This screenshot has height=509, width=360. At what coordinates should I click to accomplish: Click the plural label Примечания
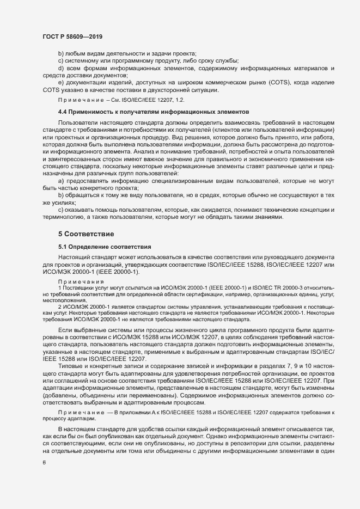pyautogui.click(x=76, y=281)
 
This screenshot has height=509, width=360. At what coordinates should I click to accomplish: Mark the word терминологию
pyautogui.click(x=62, y=217)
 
